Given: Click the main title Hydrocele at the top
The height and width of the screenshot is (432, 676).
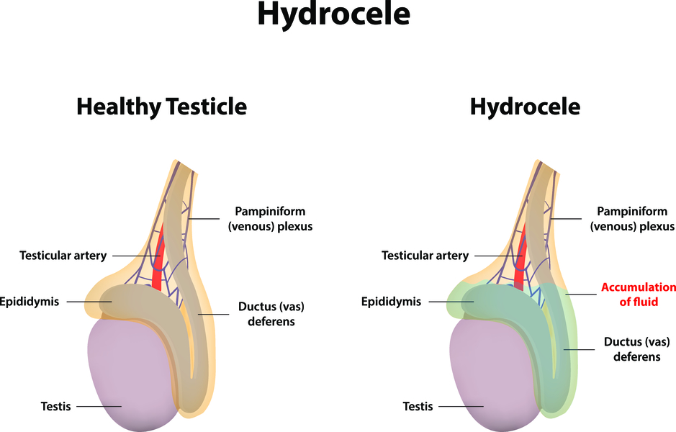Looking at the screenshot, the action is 333,14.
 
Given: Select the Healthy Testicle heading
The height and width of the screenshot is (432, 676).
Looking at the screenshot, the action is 162,107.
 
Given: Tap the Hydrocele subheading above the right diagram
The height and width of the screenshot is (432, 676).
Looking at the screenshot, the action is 525,107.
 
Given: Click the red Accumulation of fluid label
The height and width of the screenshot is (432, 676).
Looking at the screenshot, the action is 639,294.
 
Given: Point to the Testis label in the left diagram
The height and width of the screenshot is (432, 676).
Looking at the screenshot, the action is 55,406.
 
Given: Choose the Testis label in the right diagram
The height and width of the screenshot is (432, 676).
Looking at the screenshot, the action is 418,406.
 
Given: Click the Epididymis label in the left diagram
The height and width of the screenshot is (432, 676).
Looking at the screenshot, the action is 29,302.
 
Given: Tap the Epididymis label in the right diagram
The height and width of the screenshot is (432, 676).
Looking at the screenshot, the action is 391,302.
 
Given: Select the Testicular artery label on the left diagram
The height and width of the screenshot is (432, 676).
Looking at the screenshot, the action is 63,256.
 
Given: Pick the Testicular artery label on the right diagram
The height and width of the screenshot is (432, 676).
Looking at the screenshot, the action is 425,256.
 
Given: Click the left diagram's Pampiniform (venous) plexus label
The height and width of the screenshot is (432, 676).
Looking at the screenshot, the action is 270,219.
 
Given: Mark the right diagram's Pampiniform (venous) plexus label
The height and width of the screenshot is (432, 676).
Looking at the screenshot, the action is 632,219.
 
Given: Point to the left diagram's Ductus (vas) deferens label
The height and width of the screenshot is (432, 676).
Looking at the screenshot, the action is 271,314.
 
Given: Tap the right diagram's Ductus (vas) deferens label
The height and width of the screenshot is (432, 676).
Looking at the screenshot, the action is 637,349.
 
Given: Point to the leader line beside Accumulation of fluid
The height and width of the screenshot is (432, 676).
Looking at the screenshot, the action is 581,295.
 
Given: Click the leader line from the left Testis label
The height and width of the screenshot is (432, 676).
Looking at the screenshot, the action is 99,406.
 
